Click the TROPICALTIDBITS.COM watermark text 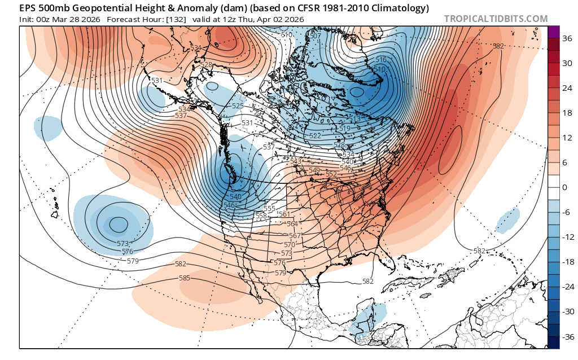tap(496, 19)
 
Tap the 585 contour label tap(184, 278)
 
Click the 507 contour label tap(316, 36)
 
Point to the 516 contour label tap(380, 60)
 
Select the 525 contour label tap(238, 106)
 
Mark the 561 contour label tap(284, 214)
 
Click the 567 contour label tap(295, 236)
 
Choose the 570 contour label tap(289, 245)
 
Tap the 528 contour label tap(207, 65)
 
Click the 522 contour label tap(315, 136)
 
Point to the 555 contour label tap(270, 209)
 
